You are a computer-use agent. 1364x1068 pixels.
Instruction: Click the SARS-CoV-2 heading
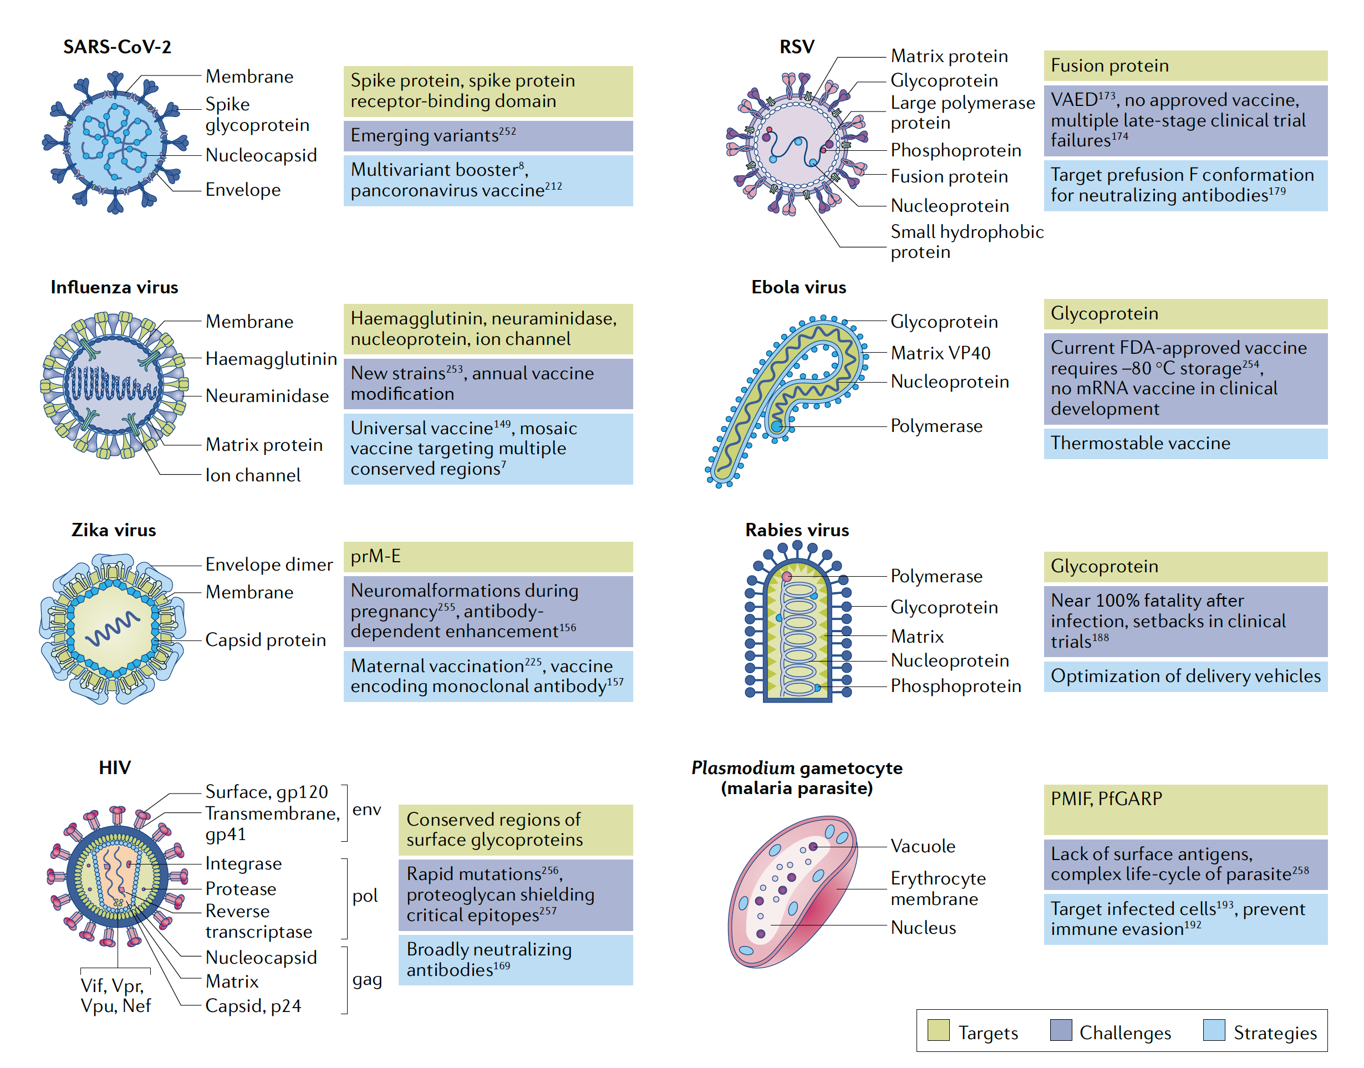coord(117,47)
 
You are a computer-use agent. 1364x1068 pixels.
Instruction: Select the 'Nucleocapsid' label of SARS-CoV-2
coord(261,155)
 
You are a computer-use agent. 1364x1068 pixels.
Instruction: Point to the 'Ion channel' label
coord(252,475)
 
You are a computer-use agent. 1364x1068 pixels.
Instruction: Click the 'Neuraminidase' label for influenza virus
coord(266,396)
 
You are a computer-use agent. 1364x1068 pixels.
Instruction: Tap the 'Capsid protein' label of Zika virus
coord(265,640)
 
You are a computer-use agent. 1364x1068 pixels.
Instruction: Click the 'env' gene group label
coord(367,810)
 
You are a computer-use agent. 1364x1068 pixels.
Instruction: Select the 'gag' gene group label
coord(367,979)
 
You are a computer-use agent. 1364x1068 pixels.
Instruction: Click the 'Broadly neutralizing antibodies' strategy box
coord(515,960)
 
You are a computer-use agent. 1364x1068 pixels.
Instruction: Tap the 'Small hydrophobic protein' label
coord(966,242)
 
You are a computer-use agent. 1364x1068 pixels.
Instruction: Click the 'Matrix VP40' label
coord(940,353)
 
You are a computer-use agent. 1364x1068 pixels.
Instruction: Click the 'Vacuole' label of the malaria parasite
coord(923,846)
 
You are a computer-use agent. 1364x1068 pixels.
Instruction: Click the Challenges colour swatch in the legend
coord(1061,1030)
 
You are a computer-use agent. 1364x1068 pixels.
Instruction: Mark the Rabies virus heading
coord(796,530)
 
